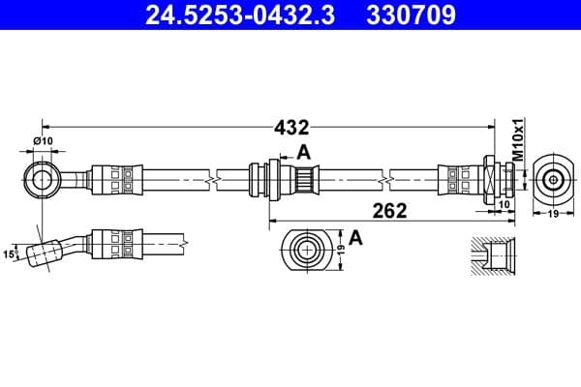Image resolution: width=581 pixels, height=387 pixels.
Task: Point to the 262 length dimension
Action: pyautogui.click(x=392, y=210)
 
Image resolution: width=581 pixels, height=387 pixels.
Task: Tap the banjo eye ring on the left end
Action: pyautogui.click(x=42, y=179)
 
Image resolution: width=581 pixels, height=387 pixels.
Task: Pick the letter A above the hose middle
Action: pyautogui.click(x=303, y=152)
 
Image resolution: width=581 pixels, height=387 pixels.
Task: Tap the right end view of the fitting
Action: pyautogui.click(x=552, y=179)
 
